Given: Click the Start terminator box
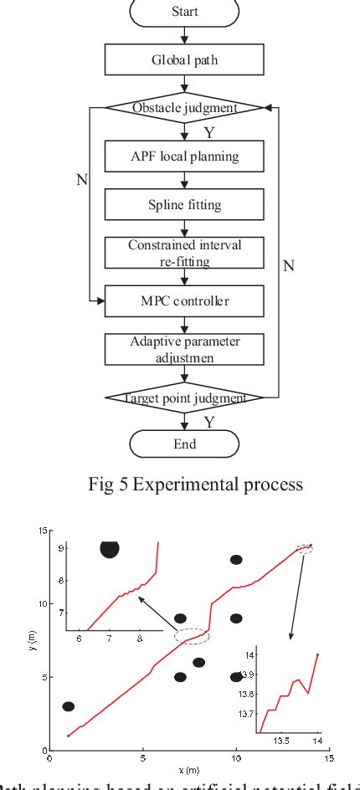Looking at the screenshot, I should (x=184, y=13).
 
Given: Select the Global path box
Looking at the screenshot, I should (x=184, y=59).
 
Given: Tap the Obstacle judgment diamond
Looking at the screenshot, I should (x=184, y=107).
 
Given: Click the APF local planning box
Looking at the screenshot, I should (x=184, y=155).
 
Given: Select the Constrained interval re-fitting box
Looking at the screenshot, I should (x=184, y=251).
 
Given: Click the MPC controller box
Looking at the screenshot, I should (x=184, y=299).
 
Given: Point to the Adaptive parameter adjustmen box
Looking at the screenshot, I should (x=184, y=348).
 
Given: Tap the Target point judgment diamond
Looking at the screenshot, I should (x=184, y=398).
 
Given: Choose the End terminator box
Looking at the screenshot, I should (x=184, y=444).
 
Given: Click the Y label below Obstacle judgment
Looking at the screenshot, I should (x=208, y=131).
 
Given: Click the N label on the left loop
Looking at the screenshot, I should (x=82, y=180).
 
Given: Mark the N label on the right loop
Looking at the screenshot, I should (x=288, y=265).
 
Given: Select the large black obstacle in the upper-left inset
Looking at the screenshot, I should (x=110, y=547).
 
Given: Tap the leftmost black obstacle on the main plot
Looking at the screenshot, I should (x=69, y=706).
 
